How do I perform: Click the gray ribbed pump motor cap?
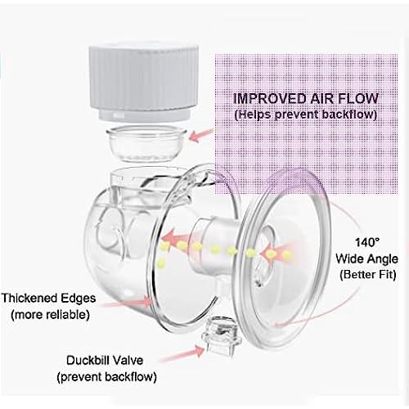point(144,83)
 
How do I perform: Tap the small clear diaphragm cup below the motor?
point(146,145)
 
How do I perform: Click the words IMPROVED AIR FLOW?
point(306,98)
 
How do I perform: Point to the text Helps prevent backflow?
point(306,114)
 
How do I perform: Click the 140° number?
point(367,242)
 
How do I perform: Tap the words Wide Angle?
point(366,258)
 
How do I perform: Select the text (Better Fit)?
point(368,274)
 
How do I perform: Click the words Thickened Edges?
point(48,298)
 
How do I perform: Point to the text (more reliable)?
point(50,315)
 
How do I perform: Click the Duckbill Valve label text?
point(105,361)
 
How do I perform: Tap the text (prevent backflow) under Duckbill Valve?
point(106,377)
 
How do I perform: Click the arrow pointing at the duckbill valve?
point(182,354)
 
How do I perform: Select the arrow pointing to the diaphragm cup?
point(201,136)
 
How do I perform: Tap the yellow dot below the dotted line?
point(161,263)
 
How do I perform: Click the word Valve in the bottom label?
point(128,361)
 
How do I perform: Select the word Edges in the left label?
point(78,299)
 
